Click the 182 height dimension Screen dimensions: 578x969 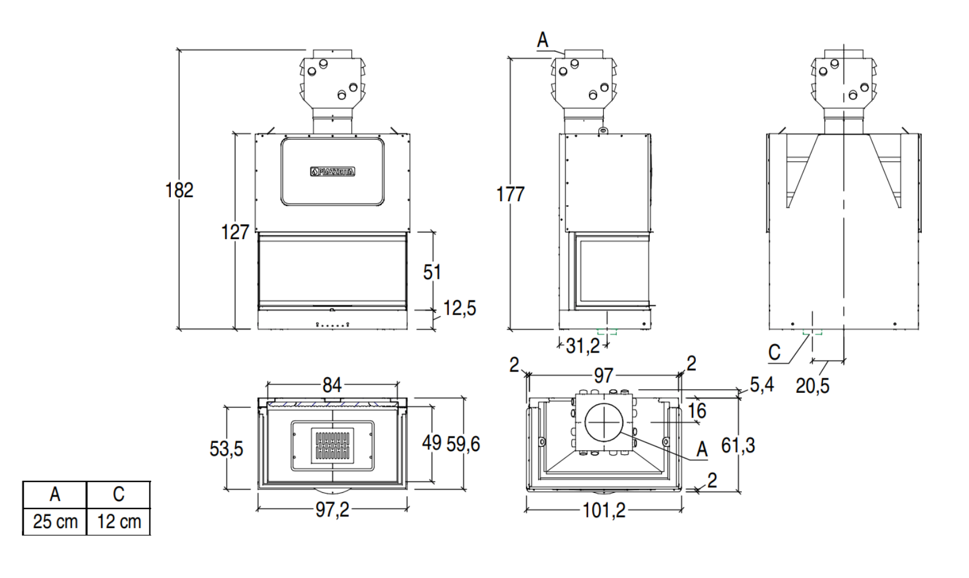(x=179, y=190)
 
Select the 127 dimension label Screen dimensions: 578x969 (x=235, y=232)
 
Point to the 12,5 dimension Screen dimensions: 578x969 (x=459, y=308)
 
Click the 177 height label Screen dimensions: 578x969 (x=510, y=194)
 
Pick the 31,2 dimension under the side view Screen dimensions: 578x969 (x=583, y=346)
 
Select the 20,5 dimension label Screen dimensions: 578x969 (x=812, y=386)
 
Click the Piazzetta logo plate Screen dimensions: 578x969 (x=332, y=171)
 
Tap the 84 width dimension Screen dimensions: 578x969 (x=332, y=385)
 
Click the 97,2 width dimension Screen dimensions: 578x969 (x=332, y=510)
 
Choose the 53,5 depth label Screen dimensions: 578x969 (x=226, y=448)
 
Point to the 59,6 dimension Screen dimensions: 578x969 (x=463, y=443)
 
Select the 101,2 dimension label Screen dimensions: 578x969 (x=603, y=510)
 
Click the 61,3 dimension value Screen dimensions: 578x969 (x=738, y=445)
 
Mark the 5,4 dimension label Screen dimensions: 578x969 (x=761, y=385)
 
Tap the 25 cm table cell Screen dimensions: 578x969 (x=55, y=522)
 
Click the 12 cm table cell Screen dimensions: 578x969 (x=118, y=522)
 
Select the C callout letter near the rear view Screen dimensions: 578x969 (x=775, y=352)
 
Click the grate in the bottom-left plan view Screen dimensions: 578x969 (x=332, y=445)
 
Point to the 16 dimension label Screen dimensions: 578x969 (x=697, y=411)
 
